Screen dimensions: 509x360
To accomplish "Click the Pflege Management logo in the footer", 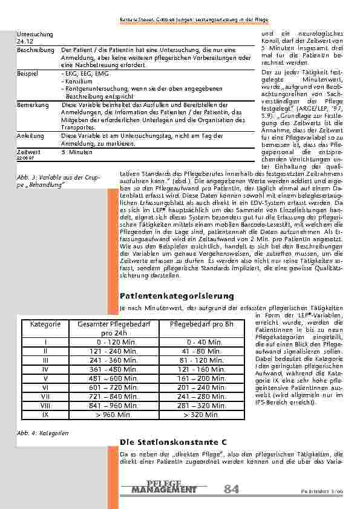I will click(164, 487).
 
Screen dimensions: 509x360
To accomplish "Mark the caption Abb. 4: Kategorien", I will click(42, 433).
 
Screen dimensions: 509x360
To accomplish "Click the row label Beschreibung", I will click(33, 50).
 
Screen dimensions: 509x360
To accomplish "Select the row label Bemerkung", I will click(33, 105).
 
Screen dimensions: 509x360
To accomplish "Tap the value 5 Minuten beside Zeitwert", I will click(76, 152).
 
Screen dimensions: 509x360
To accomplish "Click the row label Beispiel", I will click(28, 72).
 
